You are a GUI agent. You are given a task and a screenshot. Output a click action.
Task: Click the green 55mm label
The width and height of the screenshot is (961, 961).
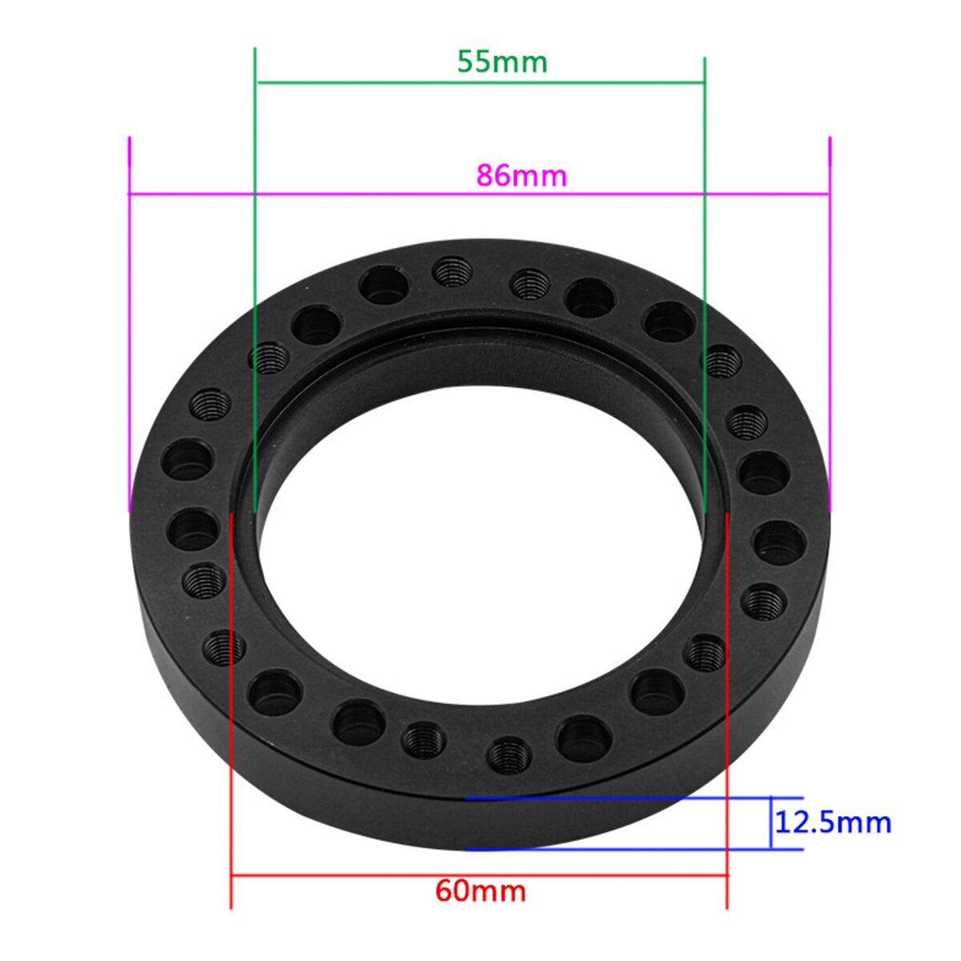click(x=502, y=62)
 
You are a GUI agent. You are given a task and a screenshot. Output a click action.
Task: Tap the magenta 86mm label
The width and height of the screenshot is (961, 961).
click(x=521, y=175)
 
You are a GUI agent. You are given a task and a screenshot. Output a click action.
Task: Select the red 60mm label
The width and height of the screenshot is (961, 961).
click(x=480, y=891)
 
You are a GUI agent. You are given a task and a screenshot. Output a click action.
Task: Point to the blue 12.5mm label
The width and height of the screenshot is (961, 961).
click(x=833, y=822)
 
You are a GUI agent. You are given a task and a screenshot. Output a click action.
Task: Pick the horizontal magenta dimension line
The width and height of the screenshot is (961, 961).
click(x=320, y=193)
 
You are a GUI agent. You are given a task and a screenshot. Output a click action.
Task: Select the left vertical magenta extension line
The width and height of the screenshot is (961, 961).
click(x=129, y=320)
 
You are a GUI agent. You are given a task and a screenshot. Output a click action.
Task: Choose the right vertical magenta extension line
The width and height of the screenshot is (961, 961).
click(x=830, y=320)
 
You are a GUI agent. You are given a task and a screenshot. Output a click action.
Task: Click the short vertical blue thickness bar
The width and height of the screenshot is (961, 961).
click(x=771, y=823)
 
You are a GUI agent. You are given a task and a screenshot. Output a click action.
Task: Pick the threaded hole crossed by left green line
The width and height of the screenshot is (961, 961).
click(x=269, y=357)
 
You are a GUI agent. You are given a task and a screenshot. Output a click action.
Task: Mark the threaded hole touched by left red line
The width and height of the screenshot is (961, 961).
click(x=223, y=647)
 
